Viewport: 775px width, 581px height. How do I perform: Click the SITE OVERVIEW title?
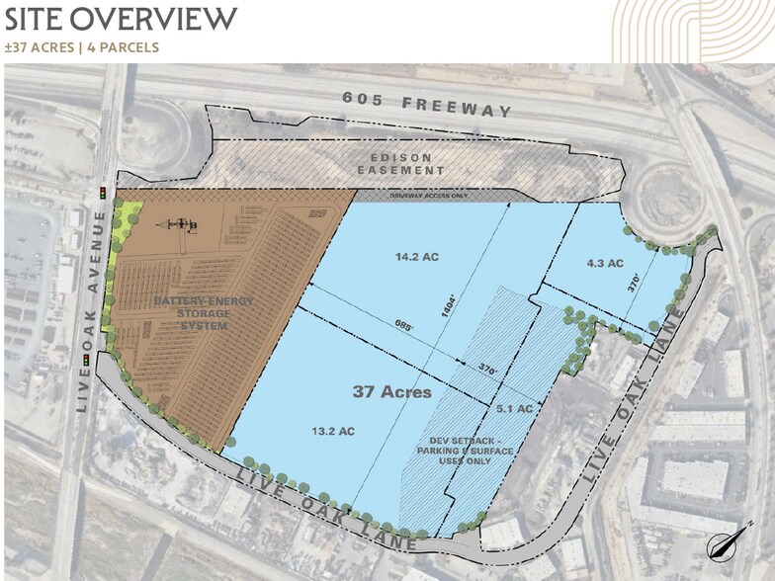click(121, 18)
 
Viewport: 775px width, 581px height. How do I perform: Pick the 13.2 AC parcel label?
click(333, 431)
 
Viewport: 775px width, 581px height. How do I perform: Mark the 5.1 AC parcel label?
click(515, 408)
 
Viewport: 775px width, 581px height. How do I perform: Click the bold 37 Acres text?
click(392, 392)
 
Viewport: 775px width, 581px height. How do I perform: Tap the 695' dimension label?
click(400, 323)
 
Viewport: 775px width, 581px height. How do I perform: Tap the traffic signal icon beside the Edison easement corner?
click(102, 192)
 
